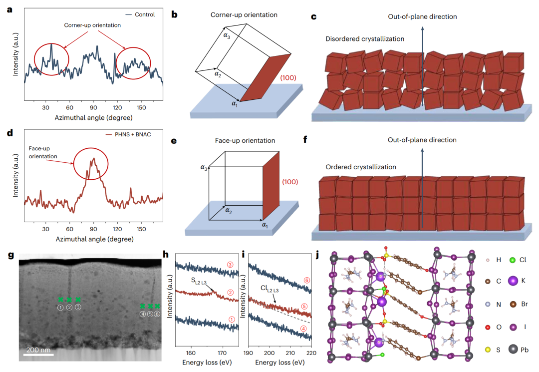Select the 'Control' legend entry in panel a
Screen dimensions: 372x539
(145, 14)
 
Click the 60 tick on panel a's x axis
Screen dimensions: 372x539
(70, 107)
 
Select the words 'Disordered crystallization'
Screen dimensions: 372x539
(365, 39)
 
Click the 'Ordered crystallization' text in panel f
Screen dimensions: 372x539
(359, 167)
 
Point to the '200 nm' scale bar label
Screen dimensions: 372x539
(38, 350)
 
